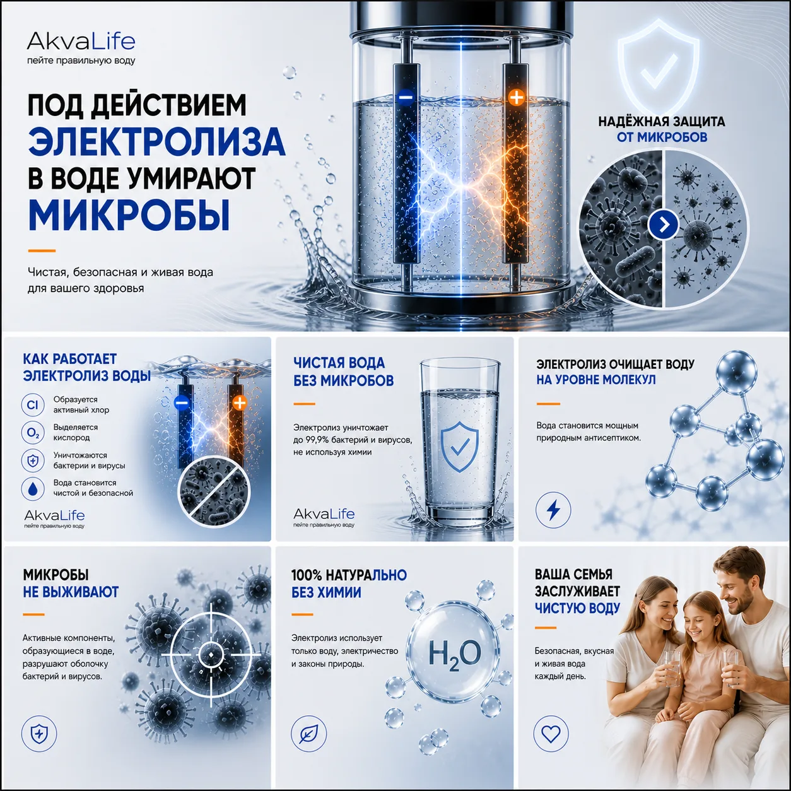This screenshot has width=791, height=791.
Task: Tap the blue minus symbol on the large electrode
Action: click(x=406, y=97)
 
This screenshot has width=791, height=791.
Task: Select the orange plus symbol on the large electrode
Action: click(x=517, y=98)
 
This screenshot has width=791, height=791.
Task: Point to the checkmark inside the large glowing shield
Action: click(x=659, y=73)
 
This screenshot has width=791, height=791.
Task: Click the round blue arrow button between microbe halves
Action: click(x=664, y=225)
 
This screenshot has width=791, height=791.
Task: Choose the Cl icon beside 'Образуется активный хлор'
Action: click(x=32, y=405)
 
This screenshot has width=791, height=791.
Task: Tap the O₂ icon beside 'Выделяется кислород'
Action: click(x=32, y=433)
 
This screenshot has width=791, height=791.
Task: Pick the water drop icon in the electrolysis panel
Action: click(x=32, y=488)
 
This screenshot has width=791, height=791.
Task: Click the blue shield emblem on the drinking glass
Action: click(x=459, y=447)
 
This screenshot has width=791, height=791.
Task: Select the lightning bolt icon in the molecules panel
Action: click(x=553, y=510)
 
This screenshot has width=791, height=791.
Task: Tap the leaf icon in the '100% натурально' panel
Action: click(x=308, y=734)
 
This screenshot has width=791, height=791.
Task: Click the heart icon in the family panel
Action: click(x=551, y=734)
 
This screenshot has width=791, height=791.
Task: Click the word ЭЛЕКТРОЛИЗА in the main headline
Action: click(x=156, y=141)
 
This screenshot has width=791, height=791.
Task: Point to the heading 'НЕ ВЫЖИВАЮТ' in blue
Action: click(x=71, y=592)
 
